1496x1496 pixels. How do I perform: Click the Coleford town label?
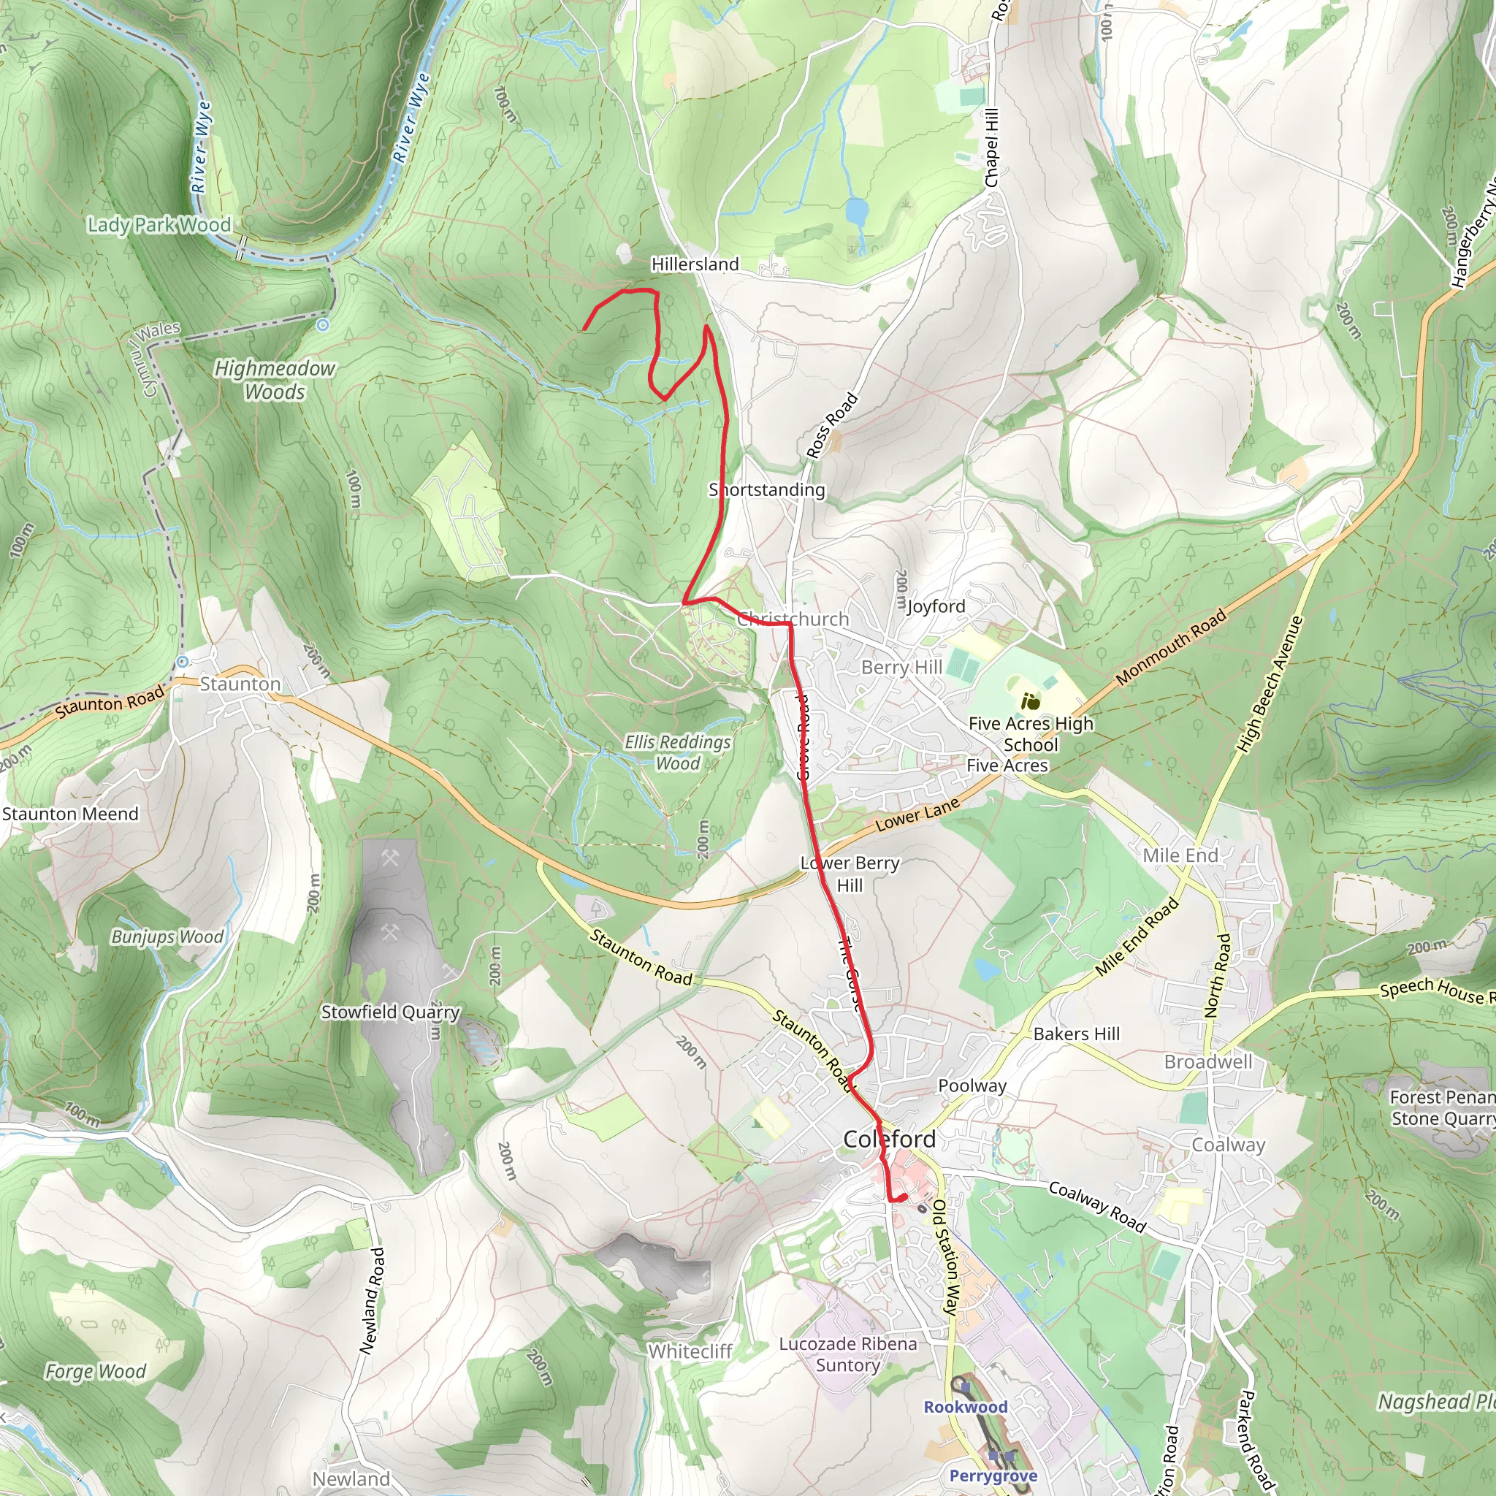pyautogui.click(x=889, y=1139)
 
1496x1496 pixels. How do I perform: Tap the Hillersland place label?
pyautogui.click(x=695, y=264)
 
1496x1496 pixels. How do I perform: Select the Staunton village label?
pyautogui.click(x=240, y=684)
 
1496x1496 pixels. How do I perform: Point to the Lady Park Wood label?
pyautogui.click(x=159, y=225)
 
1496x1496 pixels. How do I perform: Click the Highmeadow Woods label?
pyautogui.click(x=275, y=379)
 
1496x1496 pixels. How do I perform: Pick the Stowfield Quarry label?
pyautogui.click(x=390, y=1012)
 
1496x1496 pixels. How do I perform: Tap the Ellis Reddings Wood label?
pyautogui.click(x=678, y=752)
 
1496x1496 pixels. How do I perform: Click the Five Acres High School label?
pyautogui.click(x=1031, y=734)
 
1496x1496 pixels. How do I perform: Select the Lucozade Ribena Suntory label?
pyautogui.click(x=848, y=1354)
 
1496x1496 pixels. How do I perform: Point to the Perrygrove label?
pyautogui.click(x=993, y=1476)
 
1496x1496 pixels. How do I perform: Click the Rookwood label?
pyautogui.click(x=965, y=1407)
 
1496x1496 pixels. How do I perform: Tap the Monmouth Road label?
pyautogui.click(x=1171, y=647)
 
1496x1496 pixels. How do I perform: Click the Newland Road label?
pyautogui.click(x=373, y=1300)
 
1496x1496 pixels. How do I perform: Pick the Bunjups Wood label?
pyautogui.click(x=167, y=937)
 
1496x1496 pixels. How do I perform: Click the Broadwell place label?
pyautogui.click(x=1208, y=1061)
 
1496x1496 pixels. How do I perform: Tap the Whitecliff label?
pyautogui.click(x=690, y=1351)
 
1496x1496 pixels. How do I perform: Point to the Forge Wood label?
pyautogui.click(x=95, y=1371)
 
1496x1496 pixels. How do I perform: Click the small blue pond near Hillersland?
pyautogui.click(x=856, y=210)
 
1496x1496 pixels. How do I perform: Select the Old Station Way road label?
pyautogui.click(x=945, y=1258)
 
